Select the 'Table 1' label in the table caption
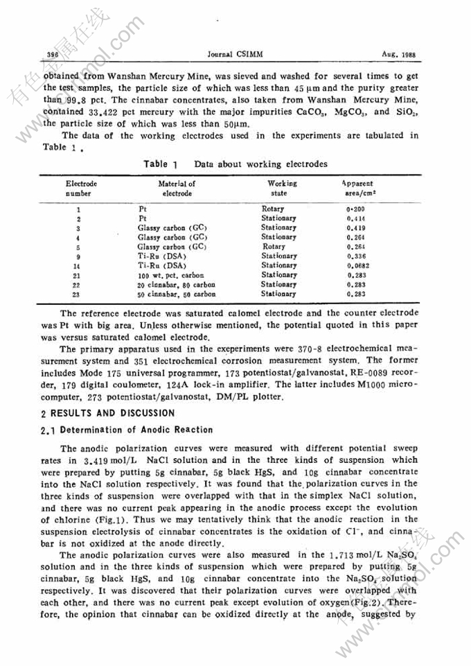[x=161, y=164]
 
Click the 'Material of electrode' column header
[x=167, y=189]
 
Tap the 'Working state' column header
[x=281, y=189]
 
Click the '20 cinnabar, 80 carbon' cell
[x=176, y=284]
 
